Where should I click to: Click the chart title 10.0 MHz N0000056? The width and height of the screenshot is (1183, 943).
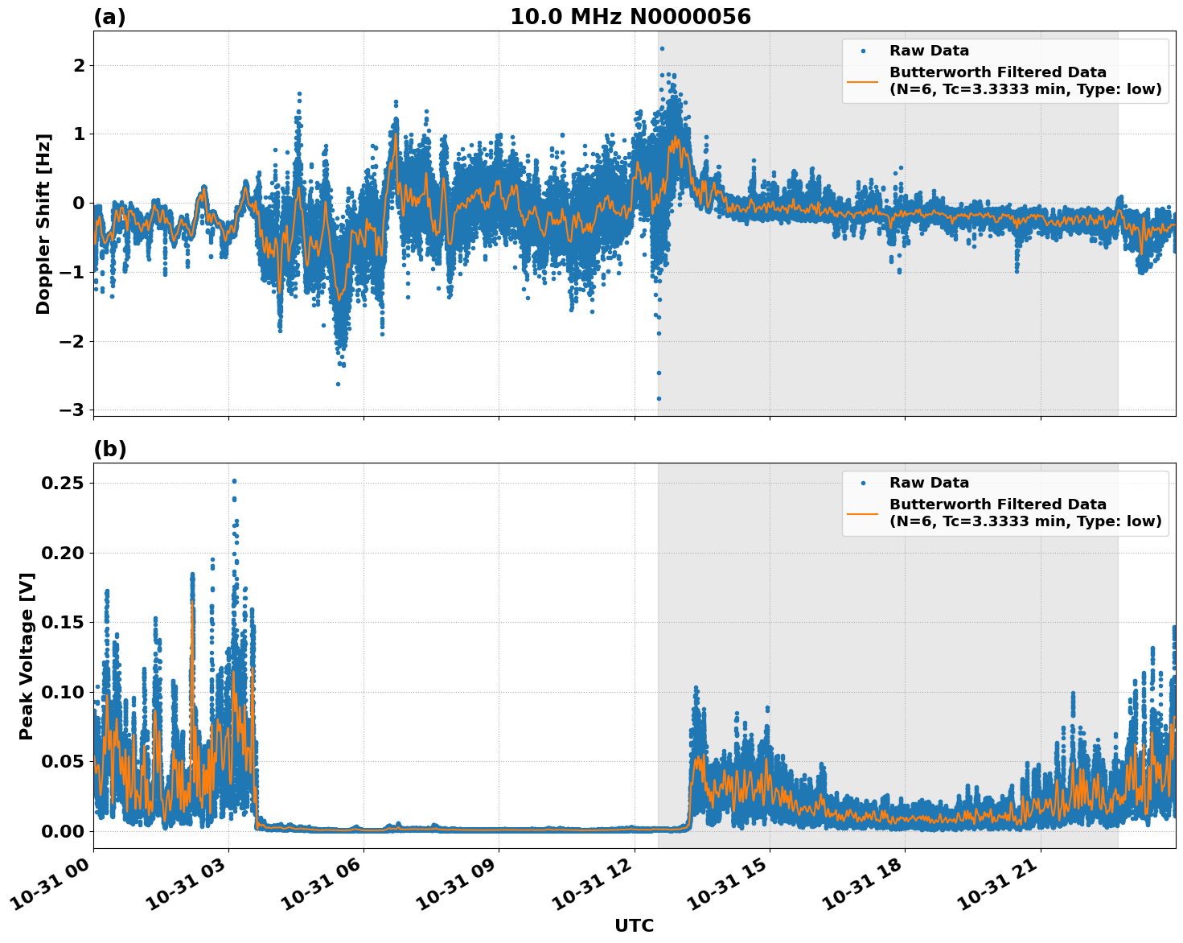coord(630,17)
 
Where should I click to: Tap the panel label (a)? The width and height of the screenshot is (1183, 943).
coord(109,17)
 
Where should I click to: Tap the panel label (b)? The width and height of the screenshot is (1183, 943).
coord(109,449)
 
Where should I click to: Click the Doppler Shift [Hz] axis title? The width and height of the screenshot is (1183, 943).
coord(43,224)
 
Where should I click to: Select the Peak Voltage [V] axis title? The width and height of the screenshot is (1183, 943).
coord(27,656)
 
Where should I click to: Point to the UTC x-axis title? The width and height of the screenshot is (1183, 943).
coord(634,925)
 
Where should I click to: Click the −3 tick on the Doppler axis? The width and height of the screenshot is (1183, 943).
coord(72,410)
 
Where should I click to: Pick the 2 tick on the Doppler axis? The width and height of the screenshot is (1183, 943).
coord(78,65)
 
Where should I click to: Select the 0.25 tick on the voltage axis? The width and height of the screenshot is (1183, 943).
coord(63,484)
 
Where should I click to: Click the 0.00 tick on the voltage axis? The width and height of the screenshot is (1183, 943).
coord(63,831)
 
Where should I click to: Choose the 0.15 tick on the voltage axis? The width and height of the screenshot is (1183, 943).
coord(63,623)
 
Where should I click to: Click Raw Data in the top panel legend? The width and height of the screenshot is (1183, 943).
coord(929,51)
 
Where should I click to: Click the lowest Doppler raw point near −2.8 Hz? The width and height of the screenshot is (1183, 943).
coord(659,398)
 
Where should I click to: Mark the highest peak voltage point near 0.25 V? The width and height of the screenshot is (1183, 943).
coord(234,481)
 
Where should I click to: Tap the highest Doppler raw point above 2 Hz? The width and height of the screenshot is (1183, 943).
coord(662,49)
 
